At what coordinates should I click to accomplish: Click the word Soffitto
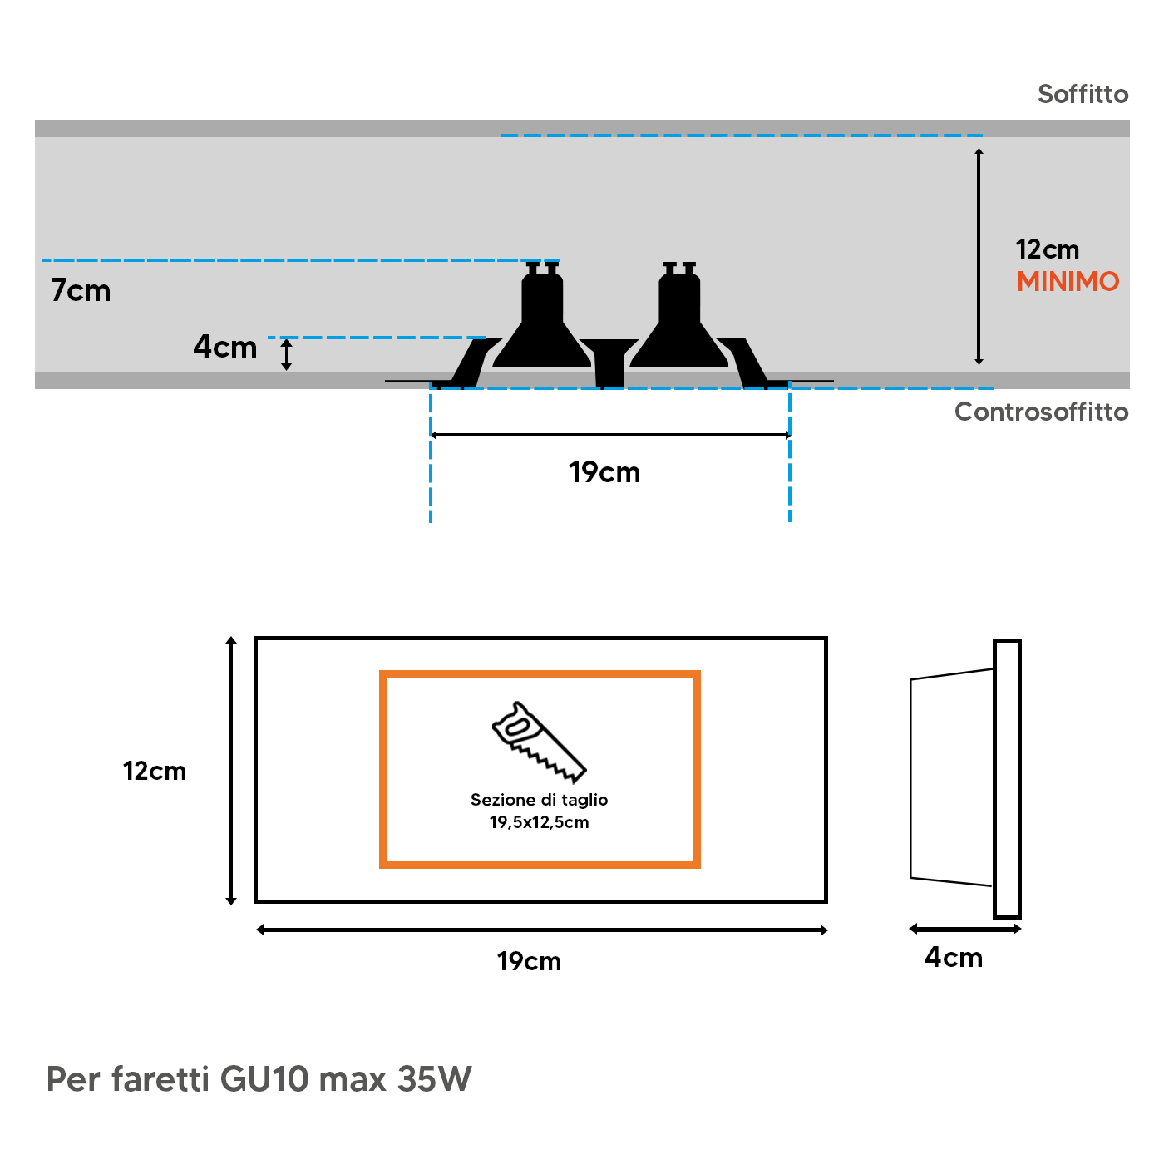click(x=1083, y=94)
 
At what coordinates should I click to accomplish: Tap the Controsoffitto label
click(x=1041, y=412)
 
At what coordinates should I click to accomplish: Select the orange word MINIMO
click(x=1068, y=282)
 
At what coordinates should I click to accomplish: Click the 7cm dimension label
click(x=81, y=290)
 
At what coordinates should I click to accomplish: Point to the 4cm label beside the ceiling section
click(x=224, y=348)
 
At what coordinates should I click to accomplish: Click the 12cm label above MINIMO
click(x=1048, y=249)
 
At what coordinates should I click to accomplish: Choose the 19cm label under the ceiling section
click(x=604, y=472)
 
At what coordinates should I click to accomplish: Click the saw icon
click(x=539, y=742)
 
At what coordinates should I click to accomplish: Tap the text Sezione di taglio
click(x=539, y=800)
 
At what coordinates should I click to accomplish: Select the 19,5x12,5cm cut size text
click(x=539, y=822)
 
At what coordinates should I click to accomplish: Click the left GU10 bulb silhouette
click(x=542, y=315)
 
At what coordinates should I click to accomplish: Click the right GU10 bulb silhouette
click(x=679, y=315)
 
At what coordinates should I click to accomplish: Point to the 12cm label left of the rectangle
click(x=155, y=772)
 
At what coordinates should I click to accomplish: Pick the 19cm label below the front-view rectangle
click(x=529, y=962)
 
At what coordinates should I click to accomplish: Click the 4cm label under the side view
click(x=954, y=958)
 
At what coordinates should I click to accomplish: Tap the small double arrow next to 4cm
click(x=286, y=354)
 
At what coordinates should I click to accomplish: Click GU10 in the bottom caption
click(x=264, y=1079)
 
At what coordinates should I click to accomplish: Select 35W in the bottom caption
click(x=434, y=1079)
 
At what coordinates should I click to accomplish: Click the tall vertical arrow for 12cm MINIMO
click(x=979, y=257)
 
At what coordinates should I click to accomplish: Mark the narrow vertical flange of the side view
click(x=1007, y=778)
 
